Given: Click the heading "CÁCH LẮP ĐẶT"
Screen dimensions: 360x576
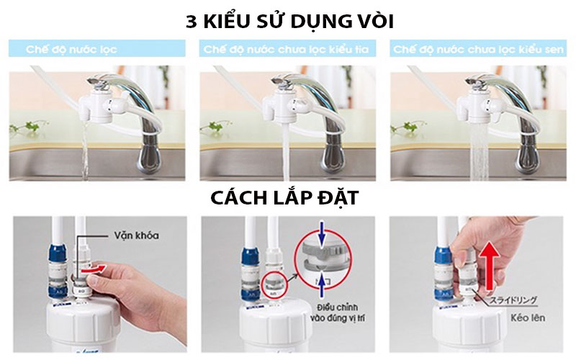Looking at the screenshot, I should click(288, 198).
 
